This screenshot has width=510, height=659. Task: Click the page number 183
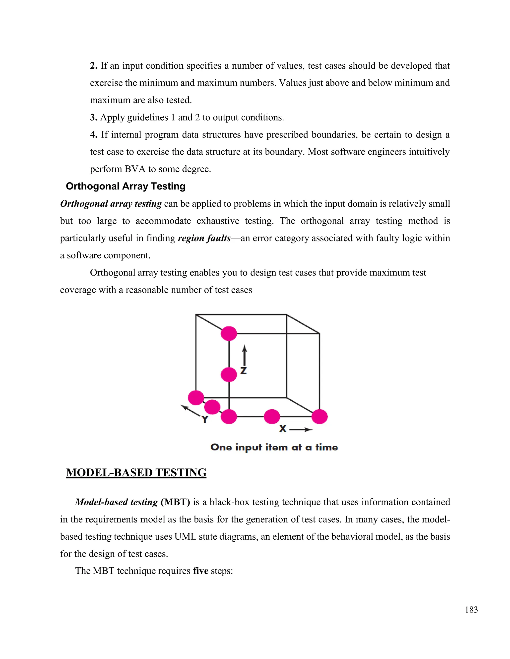tap(471, 610)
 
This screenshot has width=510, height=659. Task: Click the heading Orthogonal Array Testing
tap(126, 186)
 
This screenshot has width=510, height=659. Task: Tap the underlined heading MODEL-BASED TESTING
tap(136, 472)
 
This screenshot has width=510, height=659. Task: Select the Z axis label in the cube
tap(244, 371)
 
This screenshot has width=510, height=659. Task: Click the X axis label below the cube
tap(282, 429)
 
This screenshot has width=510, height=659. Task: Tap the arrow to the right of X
tap(301, 429)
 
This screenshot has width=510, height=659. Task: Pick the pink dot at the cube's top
tap(229, 333)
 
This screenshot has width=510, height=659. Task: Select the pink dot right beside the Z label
tap(229, 375)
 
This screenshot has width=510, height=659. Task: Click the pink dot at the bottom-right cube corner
tap(319, 417)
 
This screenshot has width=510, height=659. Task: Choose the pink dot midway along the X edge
tap(272, 417)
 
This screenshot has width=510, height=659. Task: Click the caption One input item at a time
tap(274, 447)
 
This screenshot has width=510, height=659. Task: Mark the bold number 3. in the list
tap(93, 117)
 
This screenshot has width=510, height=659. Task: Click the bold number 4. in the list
tap(94, 135)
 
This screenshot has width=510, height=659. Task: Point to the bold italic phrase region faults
tap(204, 238)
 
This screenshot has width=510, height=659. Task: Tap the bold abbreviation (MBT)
tap(175, 502)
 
